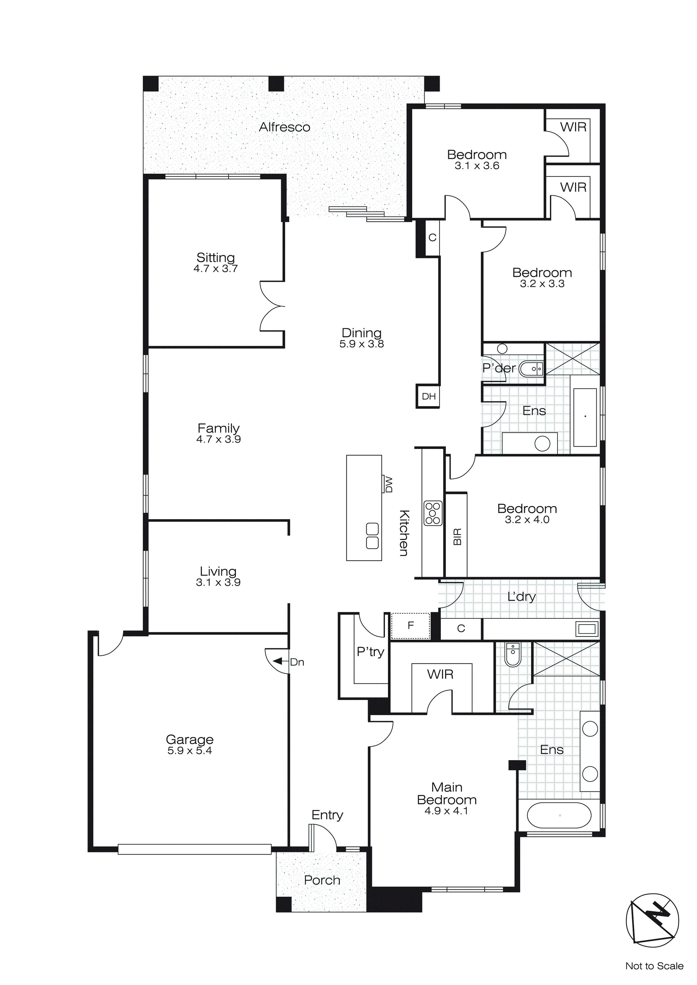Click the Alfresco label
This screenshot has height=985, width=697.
click(284, 127)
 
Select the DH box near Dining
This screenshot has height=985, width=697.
click(428, 396)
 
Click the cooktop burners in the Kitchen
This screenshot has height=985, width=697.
click(433, 513)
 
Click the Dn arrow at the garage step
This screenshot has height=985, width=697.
click(279, 661)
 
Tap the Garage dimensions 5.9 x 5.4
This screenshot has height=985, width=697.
click(190, 751)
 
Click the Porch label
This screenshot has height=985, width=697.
click(322, 880)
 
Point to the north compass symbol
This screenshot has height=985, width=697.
click(652, 921)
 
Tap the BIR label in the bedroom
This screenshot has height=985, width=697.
click(457, 537)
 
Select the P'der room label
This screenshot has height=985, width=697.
click(499, 368)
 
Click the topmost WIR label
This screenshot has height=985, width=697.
click(573, 127)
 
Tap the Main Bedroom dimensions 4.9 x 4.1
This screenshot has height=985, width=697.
click(446, 811)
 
